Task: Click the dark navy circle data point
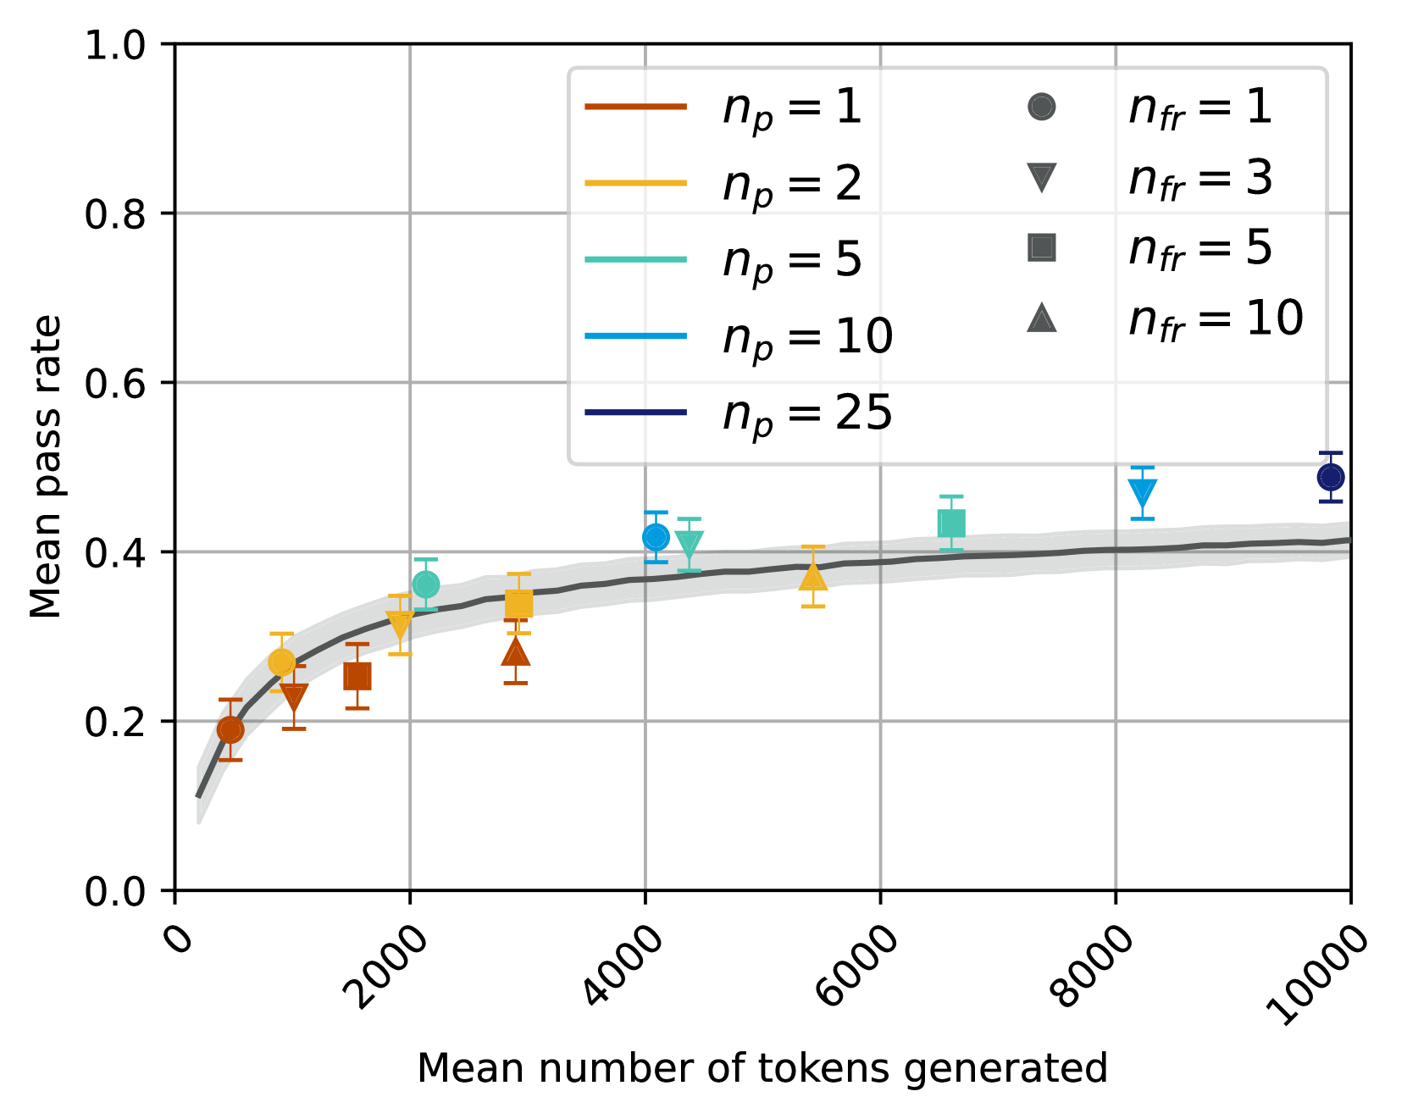(1330, 477)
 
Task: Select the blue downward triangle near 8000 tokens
(1142, 492)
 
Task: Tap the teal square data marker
(951, 524)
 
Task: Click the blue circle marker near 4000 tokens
(656, 537)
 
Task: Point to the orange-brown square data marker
(357, 677)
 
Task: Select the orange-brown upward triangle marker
(515, 652)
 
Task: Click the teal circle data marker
(425, 584)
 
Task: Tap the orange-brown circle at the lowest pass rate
(230, 729)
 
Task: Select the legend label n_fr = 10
(1215, 319)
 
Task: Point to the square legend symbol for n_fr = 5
(1041, 247)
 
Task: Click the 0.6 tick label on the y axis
(115, 383)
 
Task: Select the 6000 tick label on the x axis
(857, 966)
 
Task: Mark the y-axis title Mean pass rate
(46, 466)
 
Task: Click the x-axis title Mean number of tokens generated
(762, 1068)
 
